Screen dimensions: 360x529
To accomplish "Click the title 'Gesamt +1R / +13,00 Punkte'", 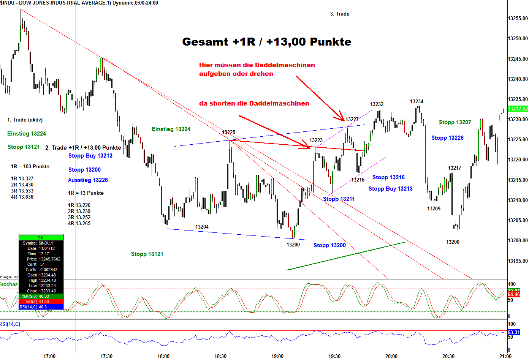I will point(266,41).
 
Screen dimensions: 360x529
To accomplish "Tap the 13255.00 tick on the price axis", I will point(518,18).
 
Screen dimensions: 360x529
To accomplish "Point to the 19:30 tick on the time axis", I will point(334,356).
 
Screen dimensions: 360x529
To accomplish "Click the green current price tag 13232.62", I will point(518,109).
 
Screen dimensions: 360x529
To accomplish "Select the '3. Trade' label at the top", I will point(339,14).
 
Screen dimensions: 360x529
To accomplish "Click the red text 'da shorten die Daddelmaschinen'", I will point(254,103).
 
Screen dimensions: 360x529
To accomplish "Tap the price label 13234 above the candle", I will point(417,101).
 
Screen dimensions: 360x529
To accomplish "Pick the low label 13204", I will point(202,227).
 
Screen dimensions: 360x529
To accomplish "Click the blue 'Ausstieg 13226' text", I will point(88,180).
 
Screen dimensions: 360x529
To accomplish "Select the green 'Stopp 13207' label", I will point(455,122).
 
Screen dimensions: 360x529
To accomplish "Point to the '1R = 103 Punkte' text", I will point(30,166).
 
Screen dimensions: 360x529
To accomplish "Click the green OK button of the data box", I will point(41,238).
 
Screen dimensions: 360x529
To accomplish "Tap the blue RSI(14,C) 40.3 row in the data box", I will point(41,307).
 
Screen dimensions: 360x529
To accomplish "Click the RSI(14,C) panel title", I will point(10,324).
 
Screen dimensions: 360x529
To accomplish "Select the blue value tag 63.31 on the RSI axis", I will point(513,332).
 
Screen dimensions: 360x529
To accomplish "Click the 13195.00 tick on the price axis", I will point(518,261).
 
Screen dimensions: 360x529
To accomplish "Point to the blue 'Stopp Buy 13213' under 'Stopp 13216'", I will point(390,189).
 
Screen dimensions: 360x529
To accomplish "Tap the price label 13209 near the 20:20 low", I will point(434,208).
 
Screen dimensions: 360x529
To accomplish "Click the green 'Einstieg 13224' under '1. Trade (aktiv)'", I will point(27,134).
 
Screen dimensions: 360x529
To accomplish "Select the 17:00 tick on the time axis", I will point(49,356).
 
